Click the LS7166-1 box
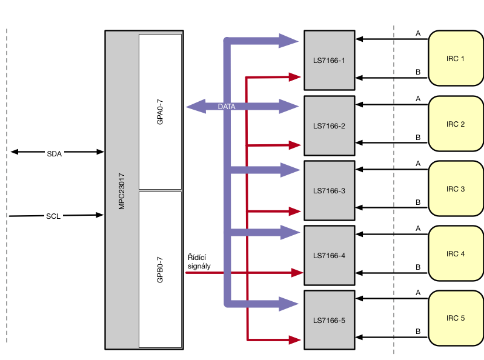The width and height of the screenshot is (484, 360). (x=330, y=60)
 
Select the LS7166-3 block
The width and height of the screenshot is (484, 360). (x=330, y=190)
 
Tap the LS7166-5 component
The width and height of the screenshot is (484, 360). (x=330, y=320)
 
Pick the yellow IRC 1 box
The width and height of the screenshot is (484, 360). (x=456, y=58)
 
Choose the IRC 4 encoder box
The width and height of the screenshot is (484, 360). (x=456, y=253)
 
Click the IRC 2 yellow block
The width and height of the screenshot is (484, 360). (x=456, y=124)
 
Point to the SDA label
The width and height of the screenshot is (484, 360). (x=55, y=154)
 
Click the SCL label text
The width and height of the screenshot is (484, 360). (x=53, y=216)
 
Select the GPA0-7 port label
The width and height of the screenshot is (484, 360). (x=160, y=112)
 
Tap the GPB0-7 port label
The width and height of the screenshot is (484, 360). (x=160, y=270)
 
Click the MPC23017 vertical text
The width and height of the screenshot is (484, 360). (x=122, y=192)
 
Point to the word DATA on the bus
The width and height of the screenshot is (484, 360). (x=227, y=107)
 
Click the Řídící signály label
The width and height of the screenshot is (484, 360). (x=199, y=262)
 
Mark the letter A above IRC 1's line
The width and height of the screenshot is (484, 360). (x=418, y=33)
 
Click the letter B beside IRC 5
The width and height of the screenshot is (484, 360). (x=418, y=332)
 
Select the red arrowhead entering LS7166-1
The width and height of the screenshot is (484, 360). (x=295, y=77)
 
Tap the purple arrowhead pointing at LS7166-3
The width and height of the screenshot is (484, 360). (x=290, y=170)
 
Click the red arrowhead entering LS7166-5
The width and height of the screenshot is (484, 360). (x=295, y=340)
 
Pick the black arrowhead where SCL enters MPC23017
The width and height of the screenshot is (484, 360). (x=100, y=215)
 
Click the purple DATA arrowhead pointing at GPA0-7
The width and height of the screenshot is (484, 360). (x=196, y=107)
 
